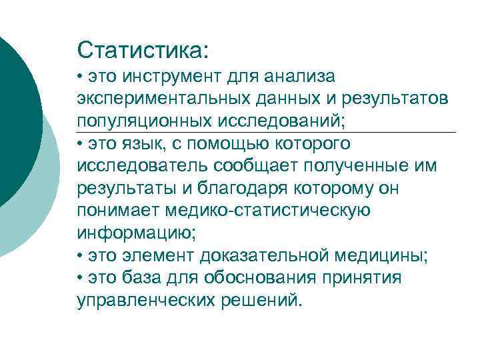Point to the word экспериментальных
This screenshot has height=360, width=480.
pyautogui.click(x=163, y=99)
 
